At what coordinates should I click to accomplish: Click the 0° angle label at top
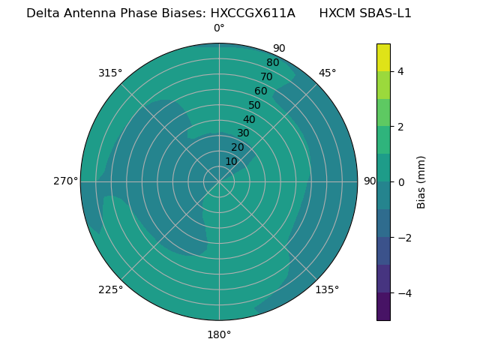(x=219, y=28)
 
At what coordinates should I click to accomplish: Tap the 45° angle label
(x=327, y=73)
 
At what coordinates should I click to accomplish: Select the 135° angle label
(x=327, y=289)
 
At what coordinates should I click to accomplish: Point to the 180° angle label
(x=219, y=334)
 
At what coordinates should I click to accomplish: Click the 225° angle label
(x=110, y=289)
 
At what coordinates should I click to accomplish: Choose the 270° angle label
(x=65, y=181)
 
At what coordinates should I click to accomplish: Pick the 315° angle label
(x=110, y=73)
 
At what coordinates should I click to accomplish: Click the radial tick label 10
(x=231, y=161)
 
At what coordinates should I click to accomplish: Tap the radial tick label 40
(x=249, y=119)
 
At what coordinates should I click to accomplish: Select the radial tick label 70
(x=266, y=76)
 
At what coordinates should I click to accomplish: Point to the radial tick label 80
(x=272, y=62)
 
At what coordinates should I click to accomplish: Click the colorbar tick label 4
(x=400, y=71)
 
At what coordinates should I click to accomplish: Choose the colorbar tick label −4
(x=403, y=292)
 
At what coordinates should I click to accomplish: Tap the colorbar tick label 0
(x=400, y=182)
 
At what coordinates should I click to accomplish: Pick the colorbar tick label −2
(x=403, y=238)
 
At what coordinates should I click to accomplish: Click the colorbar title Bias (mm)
(x=421, y=181)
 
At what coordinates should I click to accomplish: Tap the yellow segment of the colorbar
(x=383, y=57)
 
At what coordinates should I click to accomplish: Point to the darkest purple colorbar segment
(x=383, y=306)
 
